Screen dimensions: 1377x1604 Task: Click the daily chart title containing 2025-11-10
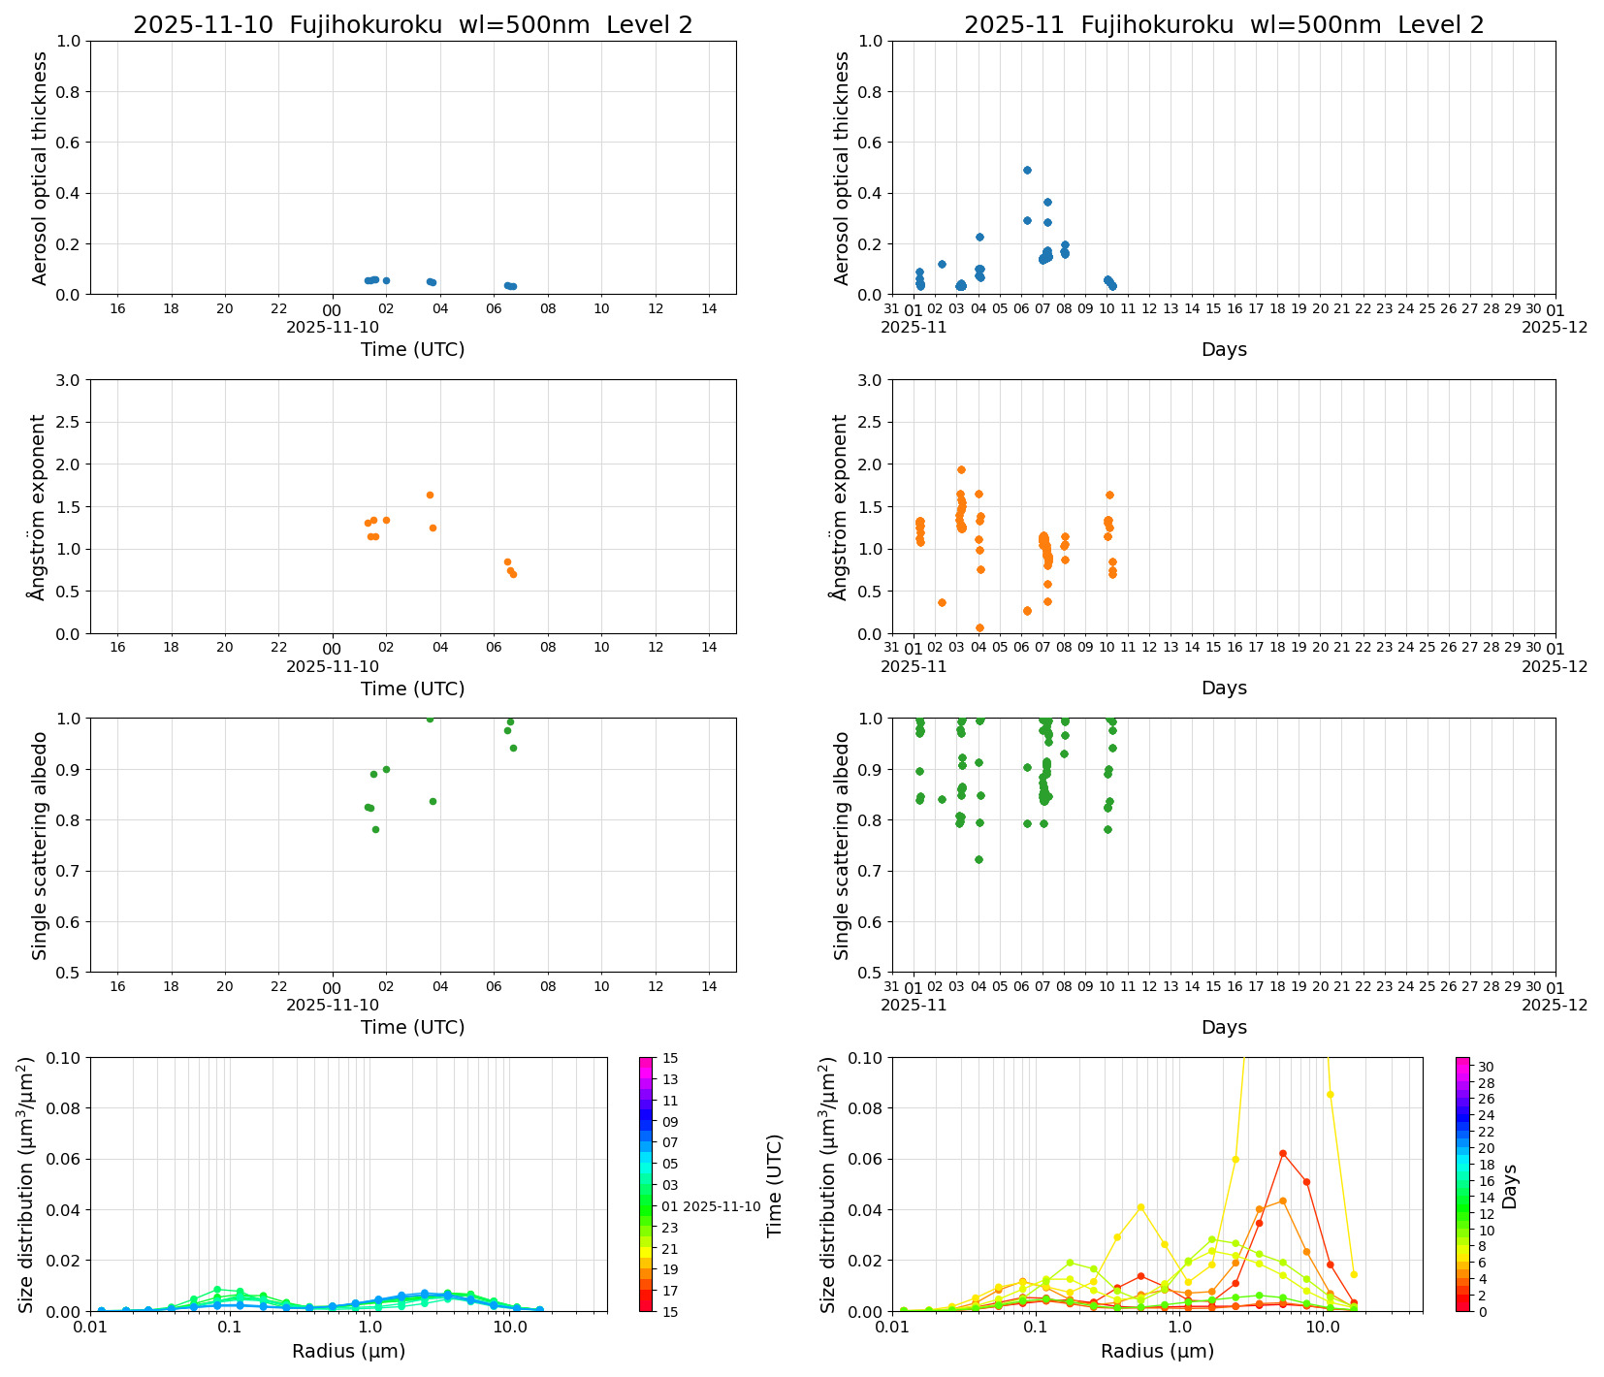[x=412, y=25]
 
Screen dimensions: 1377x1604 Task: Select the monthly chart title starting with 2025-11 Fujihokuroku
[x=1223, y=25]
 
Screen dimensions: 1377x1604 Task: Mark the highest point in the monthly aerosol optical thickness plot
[x=1027, y=170]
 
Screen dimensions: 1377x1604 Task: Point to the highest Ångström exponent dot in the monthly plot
[x=961, y=469]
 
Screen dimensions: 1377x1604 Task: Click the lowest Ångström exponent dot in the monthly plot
[x=979, y=627]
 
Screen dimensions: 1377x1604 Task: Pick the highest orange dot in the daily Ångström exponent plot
[x=430, y=495]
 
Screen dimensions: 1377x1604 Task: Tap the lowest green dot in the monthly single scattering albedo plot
[x=978, y=859]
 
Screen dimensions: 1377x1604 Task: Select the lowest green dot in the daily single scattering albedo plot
[x=375, y=829]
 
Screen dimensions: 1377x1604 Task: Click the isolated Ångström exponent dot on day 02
[x=942, y=602]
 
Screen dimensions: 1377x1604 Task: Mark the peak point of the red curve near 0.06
[x=1282, y=1153]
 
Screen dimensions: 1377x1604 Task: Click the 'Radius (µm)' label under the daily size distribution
[x=348, y=1351]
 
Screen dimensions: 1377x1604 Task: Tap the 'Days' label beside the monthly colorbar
[x=1510, y=1186]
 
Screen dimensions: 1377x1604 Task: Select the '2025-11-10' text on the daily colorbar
[x=722, y=1206]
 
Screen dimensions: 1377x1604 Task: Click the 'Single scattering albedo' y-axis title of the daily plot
[x=40, y=846]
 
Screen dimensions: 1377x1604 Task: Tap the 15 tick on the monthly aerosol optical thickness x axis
[x=1213, y=309]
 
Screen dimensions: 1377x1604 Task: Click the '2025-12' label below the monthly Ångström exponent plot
[x=1555, y=666]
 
